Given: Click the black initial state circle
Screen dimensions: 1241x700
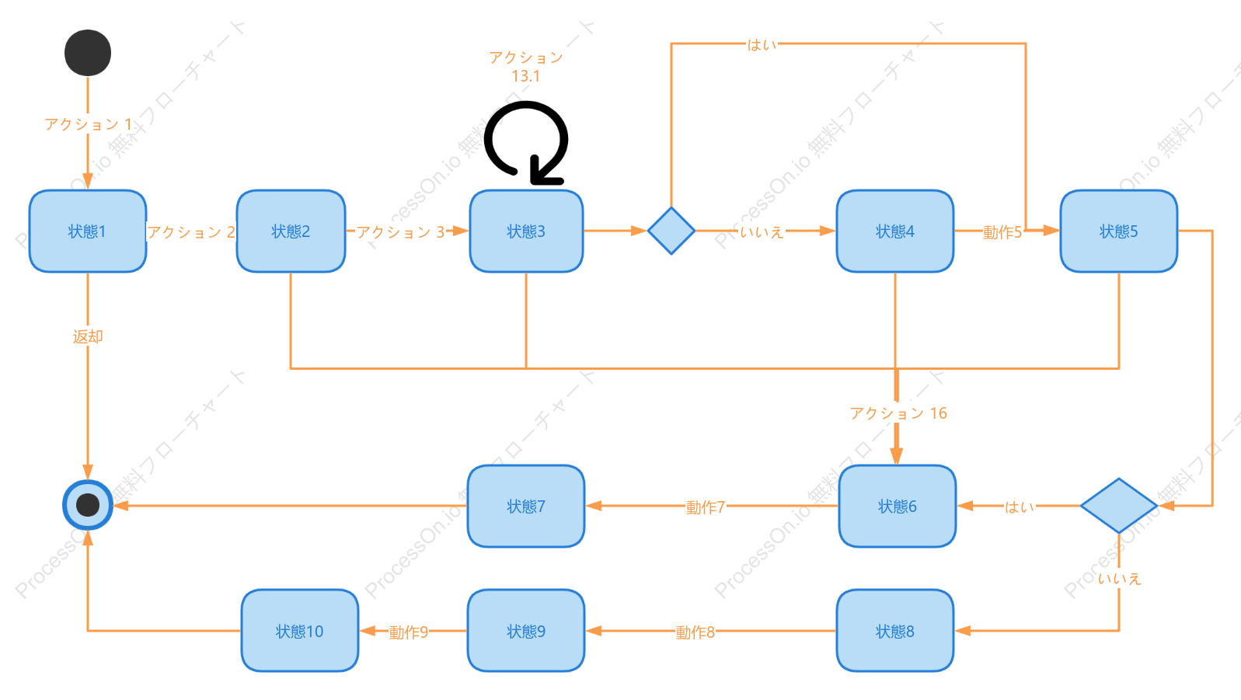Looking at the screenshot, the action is [x=88, y=53].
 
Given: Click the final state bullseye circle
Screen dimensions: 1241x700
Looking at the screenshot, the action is [x=88, y=505].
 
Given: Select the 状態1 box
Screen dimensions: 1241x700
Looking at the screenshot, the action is [x=88, y=231].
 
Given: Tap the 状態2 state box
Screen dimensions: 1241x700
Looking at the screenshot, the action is [x=291, y=231].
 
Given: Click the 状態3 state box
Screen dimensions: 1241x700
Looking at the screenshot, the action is [x=526, y=231].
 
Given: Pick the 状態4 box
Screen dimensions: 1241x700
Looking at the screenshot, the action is [x=894, y=231].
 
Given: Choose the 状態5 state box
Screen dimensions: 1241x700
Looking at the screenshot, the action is [x=1118, y=231].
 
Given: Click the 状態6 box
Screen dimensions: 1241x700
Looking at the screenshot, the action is [x=897, y=507].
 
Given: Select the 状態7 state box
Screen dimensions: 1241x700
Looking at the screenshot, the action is [x=526, y=507].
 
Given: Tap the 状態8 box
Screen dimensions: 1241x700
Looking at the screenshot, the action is [x=894, y=631].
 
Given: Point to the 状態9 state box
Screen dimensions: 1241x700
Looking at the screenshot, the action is [x=526, y=631].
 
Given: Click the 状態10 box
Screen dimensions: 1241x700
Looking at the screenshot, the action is [x=300, y=631].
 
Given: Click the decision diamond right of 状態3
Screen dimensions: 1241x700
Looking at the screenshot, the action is [x=671, y=231].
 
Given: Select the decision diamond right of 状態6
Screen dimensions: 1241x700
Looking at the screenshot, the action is [x=1118, y=506].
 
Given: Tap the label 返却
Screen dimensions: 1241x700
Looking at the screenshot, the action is [x=88, y=336].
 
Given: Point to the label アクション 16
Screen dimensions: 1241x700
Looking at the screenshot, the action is [x=898, y=413].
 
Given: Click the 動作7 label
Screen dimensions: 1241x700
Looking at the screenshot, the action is [x=706, y=507].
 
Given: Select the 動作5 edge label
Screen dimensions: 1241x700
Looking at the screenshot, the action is [x=1002, y=232].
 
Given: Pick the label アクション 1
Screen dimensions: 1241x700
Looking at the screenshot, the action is [x=88, y=124].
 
